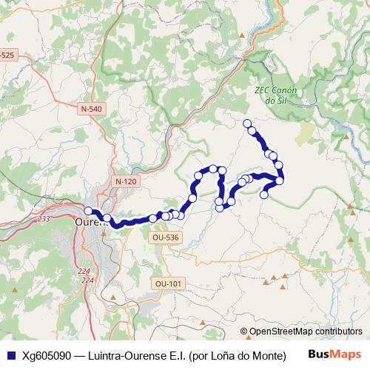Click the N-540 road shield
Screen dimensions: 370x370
click(91, 109)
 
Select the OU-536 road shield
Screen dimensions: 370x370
click(165, 238)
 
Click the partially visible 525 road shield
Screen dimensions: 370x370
click(7, 55)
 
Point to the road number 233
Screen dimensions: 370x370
click(44, 219)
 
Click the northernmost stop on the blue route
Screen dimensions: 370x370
click(246, 123)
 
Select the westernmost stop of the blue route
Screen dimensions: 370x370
click(88, 211)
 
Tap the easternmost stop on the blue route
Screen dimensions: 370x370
click(280, 180)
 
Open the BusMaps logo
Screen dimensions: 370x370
click(334, 353)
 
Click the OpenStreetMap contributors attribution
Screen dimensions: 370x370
click(306, 332)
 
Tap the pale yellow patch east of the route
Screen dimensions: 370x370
click(305, 133)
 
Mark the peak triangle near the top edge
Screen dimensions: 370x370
click(242, 35)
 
